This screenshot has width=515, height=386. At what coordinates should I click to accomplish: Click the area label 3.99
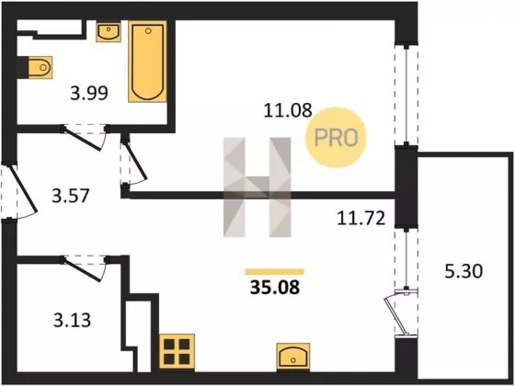[x=89, y=93]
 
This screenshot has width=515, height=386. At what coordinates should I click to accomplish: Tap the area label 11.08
[x=287, y=110]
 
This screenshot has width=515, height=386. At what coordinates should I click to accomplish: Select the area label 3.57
[x=71, y=196]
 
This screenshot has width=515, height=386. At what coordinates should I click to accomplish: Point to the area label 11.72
[x=360, y=219]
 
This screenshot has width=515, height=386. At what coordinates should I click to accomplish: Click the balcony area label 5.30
[x=463, y=271]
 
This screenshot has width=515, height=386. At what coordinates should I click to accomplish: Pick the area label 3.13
[x=73, y=321]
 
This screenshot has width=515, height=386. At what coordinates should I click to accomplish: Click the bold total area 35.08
[x=275, y=288]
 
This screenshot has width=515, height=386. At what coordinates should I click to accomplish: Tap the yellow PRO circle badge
[x=336, y=138]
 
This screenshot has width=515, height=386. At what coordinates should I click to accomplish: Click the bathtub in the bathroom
[x=148, y=62]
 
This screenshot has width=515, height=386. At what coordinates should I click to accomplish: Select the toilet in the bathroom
[x=40, y=67]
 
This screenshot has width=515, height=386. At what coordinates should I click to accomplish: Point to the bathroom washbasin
[x=109, y=31]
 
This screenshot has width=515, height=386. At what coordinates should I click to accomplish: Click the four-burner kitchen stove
[x=177, y=352]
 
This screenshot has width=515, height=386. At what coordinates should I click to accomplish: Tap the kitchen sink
[x=293, y=357]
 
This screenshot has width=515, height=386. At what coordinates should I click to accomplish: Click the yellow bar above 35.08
[x=275, y=271]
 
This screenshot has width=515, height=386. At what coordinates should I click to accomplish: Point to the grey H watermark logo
[x=257, y=187]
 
